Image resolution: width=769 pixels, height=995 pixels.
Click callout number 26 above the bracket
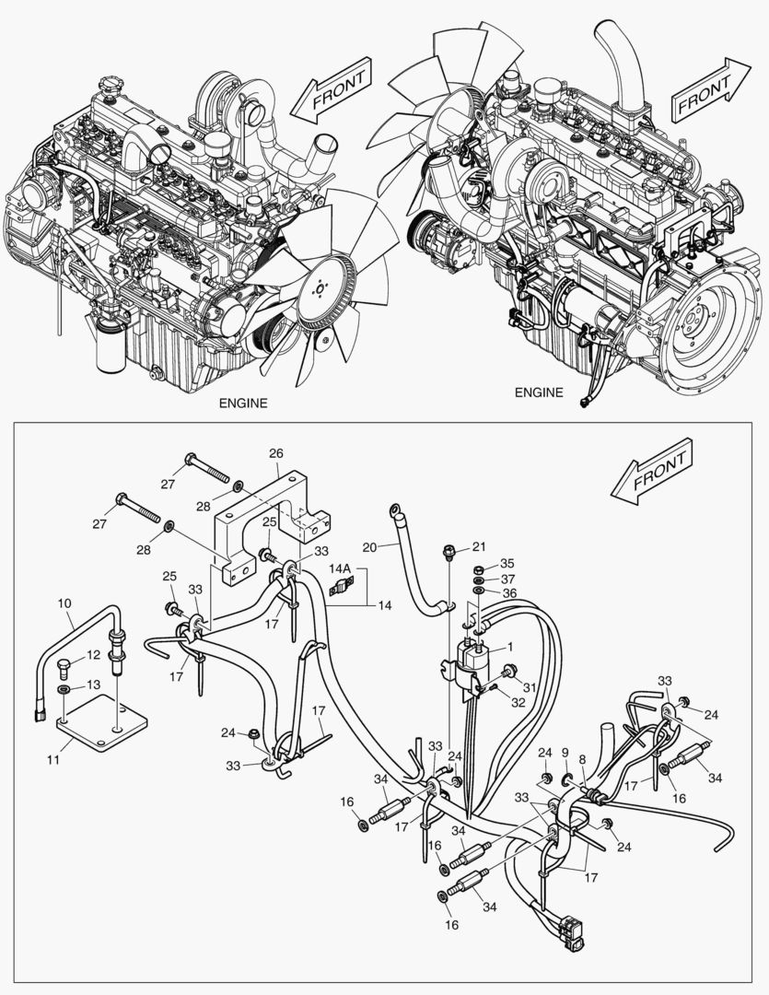click(x=275, y=453)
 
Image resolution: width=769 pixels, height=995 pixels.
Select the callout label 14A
click(x=341, y=568)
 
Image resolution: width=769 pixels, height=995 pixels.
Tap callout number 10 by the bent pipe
click(x=64, y=603)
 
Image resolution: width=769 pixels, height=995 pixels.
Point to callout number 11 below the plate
click(x=53, y=759)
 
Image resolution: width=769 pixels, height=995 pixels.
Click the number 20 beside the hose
click(x=368, y=546)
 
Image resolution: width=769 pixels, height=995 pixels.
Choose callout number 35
click(x=507, y=564)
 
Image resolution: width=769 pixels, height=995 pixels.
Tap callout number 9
click(x=565, y=753)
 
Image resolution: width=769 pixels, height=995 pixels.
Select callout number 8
click(x=581, y=759)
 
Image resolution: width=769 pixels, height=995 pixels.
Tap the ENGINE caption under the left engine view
click(x=243, y=403)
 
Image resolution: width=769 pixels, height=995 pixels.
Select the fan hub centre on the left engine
click(x=319, y=288)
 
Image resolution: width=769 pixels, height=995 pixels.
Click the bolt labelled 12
click(x=64, y=663)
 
